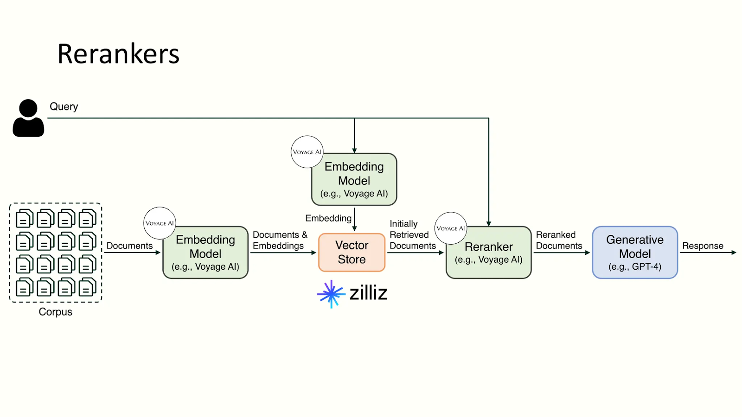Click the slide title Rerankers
point(118,54)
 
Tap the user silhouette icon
point(28,118)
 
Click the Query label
point(64,107)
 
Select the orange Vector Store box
point(352,253)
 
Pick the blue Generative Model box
point(635,253)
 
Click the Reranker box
point(489,253)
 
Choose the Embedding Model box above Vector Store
point(354,180)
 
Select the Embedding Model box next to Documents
point(205,253)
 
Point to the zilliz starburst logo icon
point(331,294)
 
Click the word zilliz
point(368,293)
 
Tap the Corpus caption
point(56,312)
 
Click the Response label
point(703,246)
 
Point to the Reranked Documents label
point(559,240)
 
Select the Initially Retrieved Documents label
point(412,235)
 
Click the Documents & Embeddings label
point(280,240)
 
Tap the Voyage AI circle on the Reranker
point(450,228)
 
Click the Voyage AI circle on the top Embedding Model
point(307,152)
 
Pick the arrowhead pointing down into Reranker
point(489,224)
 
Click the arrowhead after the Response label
point(734,253)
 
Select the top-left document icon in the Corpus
point(25,218)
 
